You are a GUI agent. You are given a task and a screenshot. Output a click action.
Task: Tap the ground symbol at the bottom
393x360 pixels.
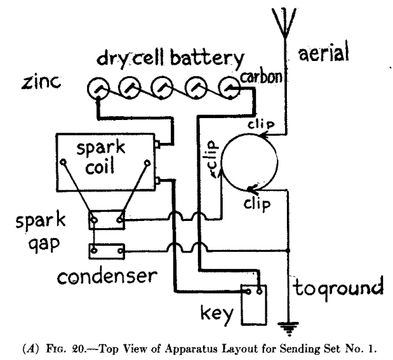click(x=287, y=323)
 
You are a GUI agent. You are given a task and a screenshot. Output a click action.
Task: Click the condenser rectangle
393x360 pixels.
click(x=106, y=250)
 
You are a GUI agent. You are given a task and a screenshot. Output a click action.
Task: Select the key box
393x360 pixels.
click(x=253, y=302)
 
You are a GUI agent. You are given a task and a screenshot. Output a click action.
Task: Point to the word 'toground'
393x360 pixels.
click(x=337, y=288)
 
